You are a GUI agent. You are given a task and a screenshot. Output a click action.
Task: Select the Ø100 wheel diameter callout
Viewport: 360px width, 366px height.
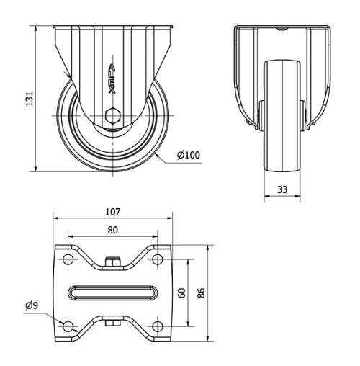tap(189, 155)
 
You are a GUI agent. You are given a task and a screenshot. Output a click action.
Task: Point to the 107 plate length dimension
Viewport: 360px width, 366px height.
tap(112, 212)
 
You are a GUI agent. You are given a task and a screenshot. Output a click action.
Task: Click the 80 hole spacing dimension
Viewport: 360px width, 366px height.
tap(112, 231)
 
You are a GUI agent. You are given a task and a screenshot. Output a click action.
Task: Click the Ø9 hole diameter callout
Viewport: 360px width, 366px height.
tap(32, 306)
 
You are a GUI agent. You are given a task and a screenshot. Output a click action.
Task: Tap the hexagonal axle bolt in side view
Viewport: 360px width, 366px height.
tap(113, 115)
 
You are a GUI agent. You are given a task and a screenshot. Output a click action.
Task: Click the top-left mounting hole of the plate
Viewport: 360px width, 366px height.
tap(69, 259)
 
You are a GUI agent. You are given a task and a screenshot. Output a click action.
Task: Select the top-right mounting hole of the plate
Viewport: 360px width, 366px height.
tap(156, 259)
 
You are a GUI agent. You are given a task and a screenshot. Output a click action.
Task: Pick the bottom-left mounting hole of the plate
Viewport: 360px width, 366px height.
tap(69, 326)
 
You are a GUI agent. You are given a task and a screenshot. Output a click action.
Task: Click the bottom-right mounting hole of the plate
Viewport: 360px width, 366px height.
tap(156, 326)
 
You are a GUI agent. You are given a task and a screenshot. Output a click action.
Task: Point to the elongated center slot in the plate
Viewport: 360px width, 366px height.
tap(112, 293)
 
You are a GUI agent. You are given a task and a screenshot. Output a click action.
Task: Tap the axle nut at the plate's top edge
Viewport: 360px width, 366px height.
tap(112, 262)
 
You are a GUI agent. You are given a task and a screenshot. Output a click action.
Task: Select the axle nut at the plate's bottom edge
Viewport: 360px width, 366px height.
tap(112, 323)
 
